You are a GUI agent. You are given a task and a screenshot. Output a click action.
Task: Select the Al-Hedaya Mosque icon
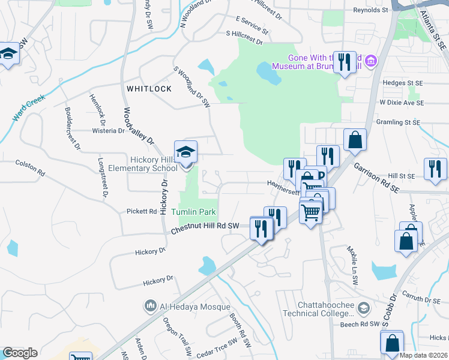point(150,307)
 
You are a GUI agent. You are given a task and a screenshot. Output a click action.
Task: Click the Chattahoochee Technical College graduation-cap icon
point(363,308)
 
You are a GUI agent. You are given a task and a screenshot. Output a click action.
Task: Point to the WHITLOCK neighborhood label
point(149,89)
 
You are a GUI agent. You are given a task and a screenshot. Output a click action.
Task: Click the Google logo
point(20,353)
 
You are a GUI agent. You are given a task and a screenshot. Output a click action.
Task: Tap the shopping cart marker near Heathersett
point(310,211)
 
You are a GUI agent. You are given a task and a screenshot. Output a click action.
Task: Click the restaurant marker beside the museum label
point(345,62)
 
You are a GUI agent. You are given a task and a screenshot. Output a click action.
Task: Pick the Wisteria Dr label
point(108,130)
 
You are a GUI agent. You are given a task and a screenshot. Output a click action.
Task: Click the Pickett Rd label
point(141,211)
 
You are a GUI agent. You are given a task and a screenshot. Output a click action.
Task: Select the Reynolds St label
point(370,10)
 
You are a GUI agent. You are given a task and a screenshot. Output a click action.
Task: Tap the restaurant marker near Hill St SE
point(435,169)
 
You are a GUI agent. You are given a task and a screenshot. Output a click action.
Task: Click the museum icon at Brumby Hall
point(371,61)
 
